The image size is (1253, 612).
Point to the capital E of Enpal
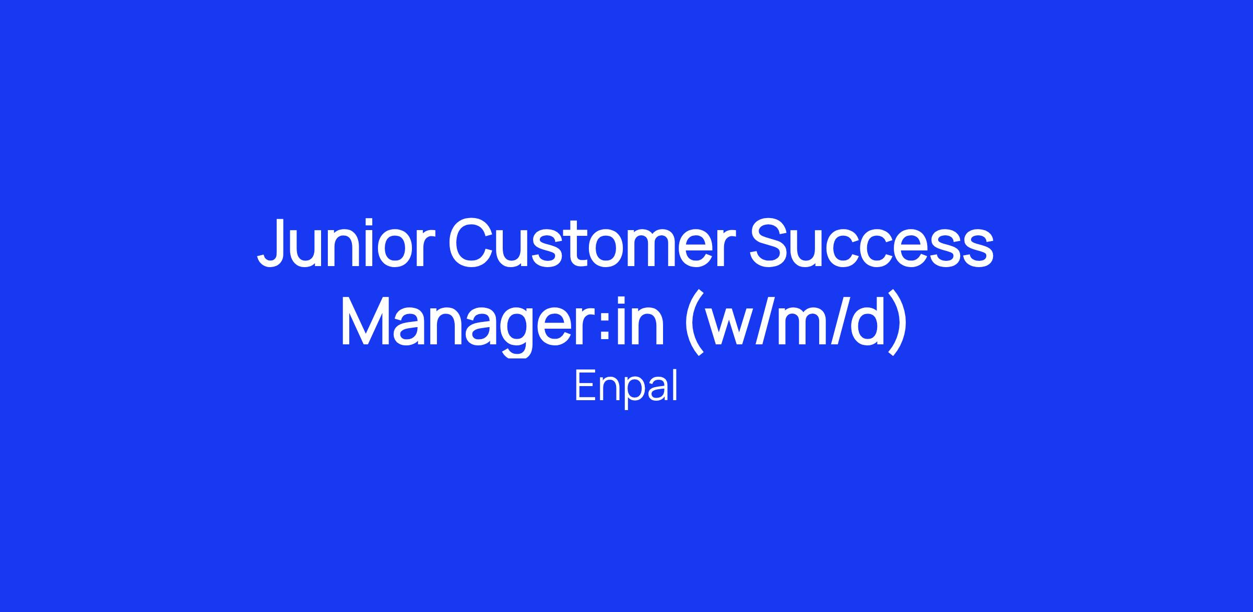(586, 386)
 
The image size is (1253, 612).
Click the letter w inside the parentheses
(734, 328)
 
